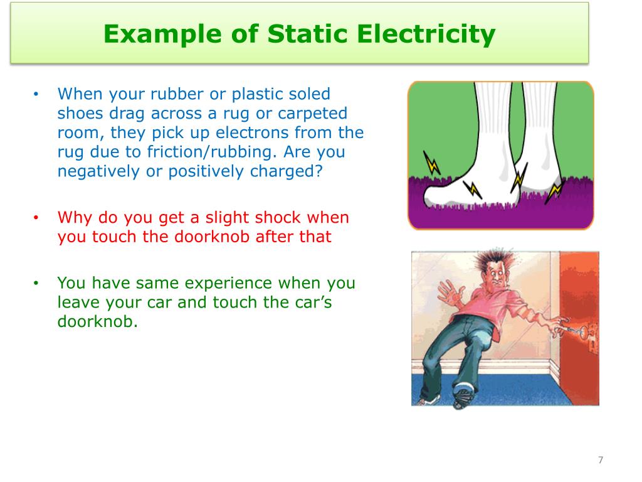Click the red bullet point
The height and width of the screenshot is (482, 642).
click(36, 218)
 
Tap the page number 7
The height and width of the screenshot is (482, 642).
click(600, 461)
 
